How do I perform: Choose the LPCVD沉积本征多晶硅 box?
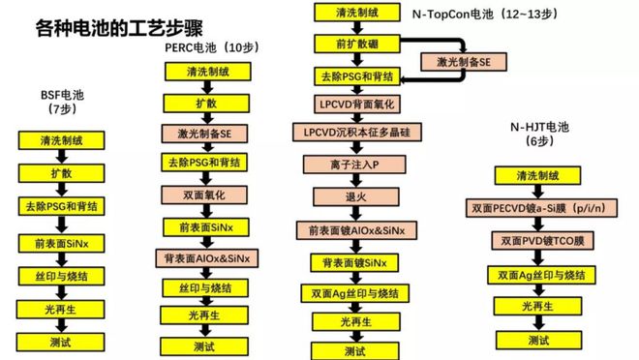[352, 132]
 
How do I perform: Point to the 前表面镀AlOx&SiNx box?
[352, 230]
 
